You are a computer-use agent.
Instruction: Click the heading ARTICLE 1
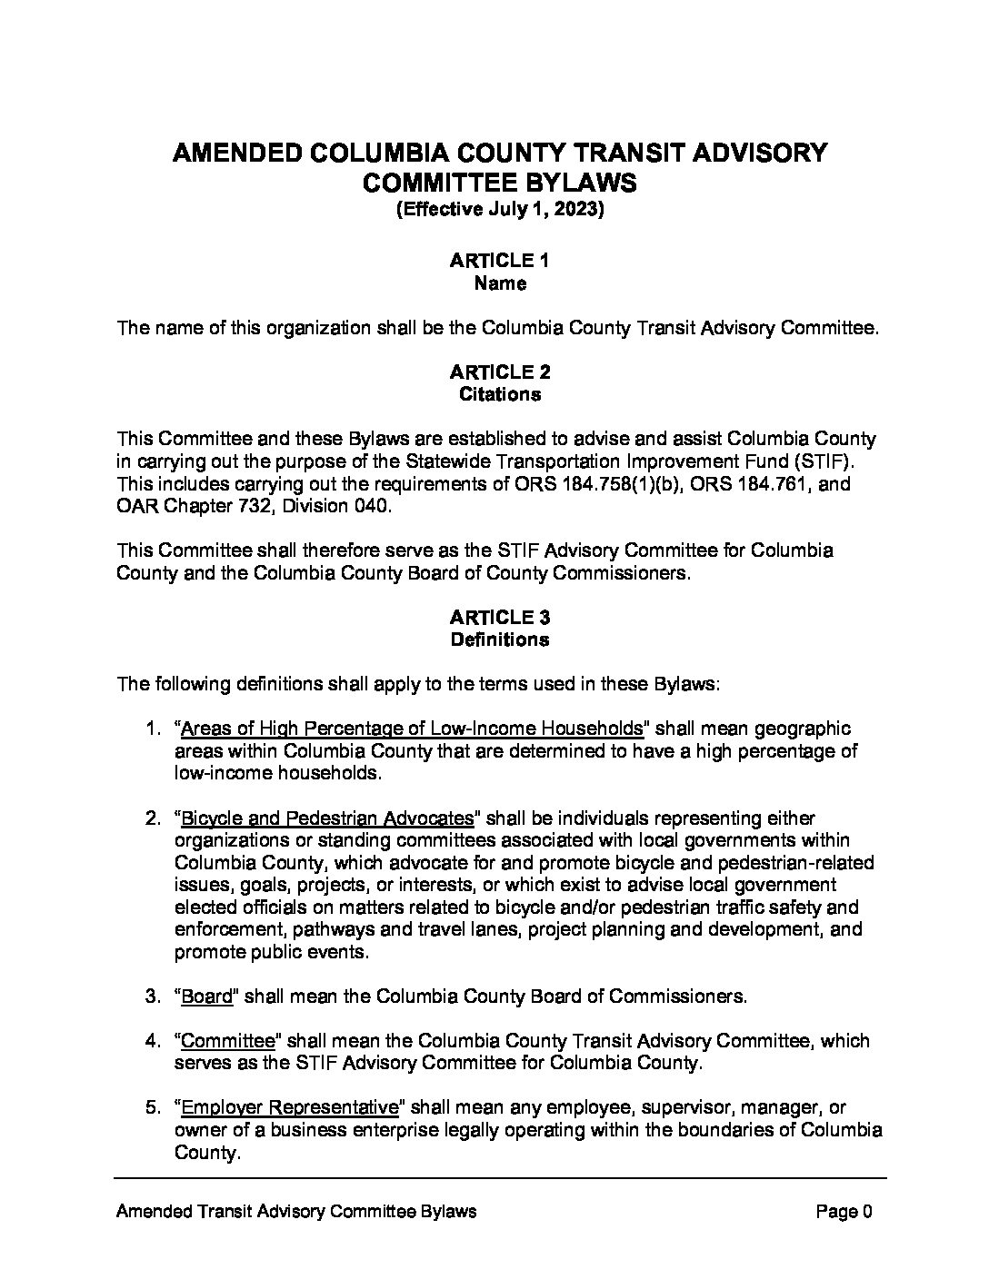(499, 261)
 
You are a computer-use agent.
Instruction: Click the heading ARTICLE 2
(499, 372)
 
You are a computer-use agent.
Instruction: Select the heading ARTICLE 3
(499, 618)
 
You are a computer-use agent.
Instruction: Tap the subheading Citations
(500, 394)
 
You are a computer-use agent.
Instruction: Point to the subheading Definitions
(500, 639)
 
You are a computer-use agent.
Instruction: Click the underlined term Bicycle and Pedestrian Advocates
(327, 818)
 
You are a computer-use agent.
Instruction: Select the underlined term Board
(207, 996)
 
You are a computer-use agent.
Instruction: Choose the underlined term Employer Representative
(290, 1107)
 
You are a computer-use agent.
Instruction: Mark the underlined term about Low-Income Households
(412, 729)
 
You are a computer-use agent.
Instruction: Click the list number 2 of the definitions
(153, 818)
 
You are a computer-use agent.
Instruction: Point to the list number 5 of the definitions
(153, 1107)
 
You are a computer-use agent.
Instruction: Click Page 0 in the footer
(844, 1212)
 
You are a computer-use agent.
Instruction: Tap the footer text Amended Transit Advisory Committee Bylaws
(297, 1212)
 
